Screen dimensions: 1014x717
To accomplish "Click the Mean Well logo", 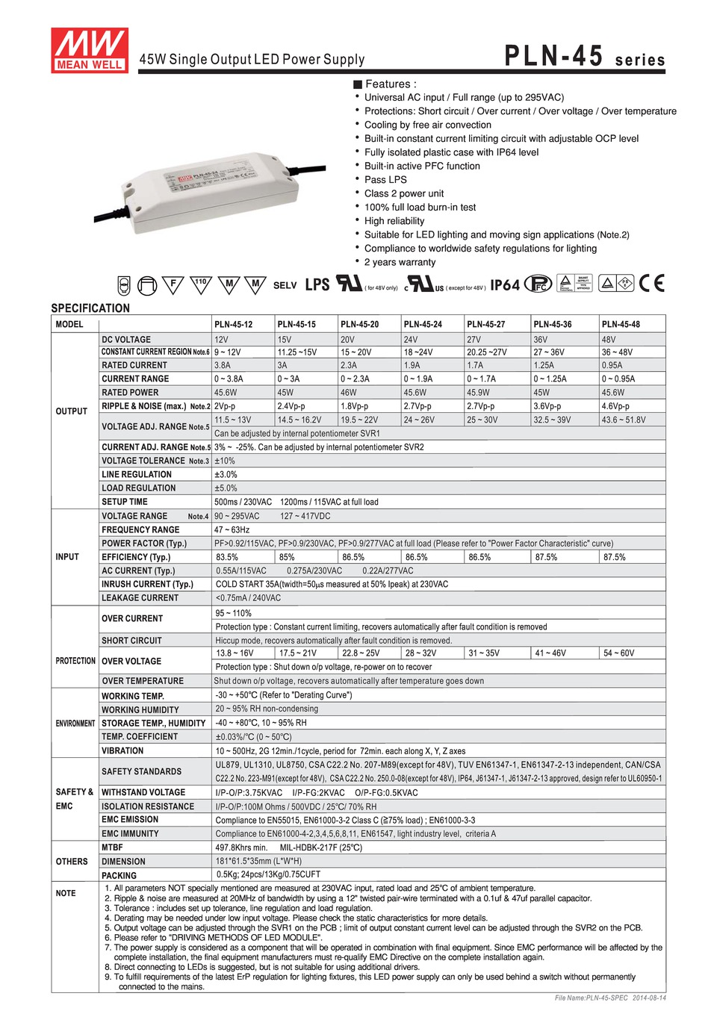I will (90, 50).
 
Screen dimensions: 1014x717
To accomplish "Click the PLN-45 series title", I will (584, 57).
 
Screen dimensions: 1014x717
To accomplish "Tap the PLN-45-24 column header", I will (423, 324).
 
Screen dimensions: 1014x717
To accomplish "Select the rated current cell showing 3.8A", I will (223, 365).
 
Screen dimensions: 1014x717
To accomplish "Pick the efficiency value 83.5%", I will (227, 557).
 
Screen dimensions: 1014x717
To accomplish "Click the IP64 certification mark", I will (505, 285).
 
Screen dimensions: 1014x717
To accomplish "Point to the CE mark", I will (651, 284).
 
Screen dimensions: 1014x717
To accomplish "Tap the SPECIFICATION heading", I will (90, 308).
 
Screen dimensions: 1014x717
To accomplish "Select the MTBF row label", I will (113, 847).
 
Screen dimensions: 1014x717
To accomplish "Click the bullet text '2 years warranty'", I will (400, 262).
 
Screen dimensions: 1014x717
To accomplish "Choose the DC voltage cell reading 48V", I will (609, 339).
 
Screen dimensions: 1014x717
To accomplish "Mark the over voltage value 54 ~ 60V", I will (618, 653).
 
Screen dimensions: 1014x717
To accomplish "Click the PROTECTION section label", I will (75, 661).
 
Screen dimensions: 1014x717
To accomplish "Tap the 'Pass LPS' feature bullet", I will (385, 179).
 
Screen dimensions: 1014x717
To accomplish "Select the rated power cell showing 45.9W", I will (479, 393).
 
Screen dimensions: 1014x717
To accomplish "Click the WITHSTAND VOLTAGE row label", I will (143, 792).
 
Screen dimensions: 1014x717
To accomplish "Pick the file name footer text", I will (610, 998).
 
